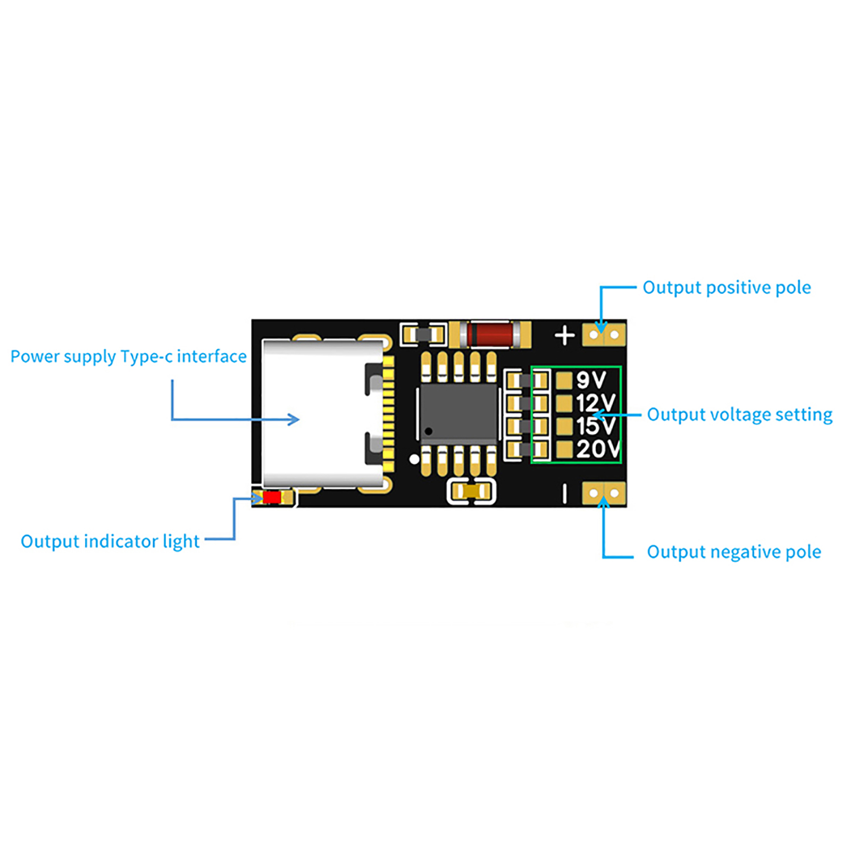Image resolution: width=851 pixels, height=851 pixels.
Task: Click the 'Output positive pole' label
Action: [727, 288]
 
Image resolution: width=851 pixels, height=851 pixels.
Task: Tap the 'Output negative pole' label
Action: [733, 552]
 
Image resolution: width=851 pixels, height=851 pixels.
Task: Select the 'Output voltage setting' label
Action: [739, 415]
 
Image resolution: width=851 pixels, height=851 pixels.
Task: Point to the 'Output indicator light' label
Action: [110, 541]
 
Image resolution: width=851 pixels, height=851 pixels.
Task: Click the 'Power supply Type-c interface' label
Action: [128, 356]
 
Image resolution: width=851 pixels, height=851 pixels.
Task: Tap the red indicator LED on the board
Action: [272, 497]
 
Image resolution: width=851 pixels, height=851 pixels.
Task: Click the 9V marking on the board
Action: [591, 380]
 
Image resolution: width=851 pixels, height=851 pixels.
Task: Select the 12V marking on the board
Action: [595, 403]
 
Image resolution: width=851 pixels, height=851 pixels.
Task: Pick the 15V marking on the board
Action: [595, 426]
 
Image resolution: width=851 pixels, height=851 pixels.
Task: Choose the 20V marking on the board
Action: [597, 449]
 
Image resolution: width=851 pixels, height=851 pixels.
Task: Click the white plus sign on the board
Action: [564, 336]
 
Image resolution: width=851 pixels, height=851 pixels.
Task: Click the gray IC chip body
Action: [458, 412]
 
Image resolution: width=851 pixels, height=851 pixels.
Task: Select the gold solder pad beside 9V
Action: [564, 380]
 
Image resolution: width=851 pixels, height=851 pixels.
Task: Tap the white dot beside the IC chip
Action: [414, 459]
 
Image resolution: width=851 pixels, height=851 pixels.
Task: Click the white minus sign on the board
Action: [564, 494]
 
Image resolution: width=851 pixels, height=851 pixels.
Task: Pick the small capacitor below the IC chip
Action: [472, 491]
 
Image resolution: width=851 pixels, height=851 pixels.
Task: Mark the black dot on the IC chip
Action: [429, 431]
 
